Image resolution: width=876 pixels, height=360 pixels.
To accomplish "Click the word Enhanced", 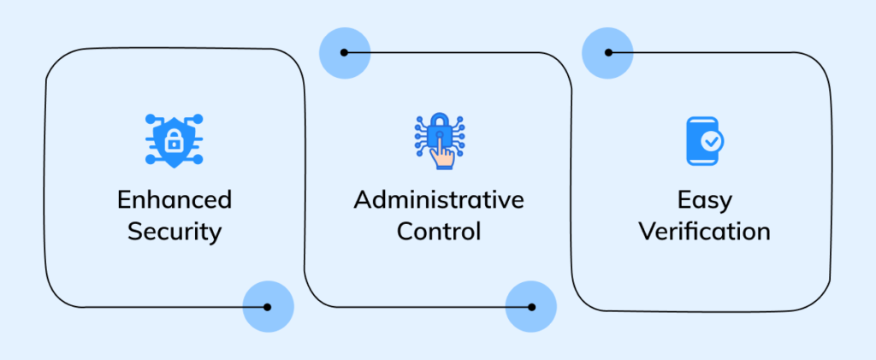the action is pyautogui.click(x=175, y=199).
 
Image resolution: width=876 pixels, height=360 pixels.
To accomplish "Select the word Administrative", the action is pyautogui.click(x=439, y=199).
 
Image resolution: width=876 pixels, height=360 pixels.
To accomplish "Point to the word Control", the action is pyautogui.click(x=439, y=232).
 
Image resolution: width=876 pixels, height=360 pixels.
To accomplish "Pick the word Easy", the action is pyautogui.click(x=705, y=201).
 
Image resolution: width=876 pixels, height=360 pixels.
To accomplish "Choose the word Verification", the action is pyautogui.click(x=705, y=232).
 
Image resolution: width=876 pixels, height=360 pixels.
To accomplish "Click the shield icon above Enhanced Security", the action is pyautogui.click(x=175, y=140).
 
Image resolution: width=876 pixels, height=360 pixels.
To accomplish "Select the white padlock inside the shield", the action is pyautogui.click(x=175, y=142).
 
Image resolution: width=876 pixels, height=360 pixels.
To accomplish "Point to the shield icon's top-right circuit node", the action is pyautogui.click(x=198, y=119).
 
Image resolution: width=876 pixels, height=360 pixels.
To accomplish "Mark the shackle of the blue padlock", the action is pyautogui.click(x=439, y=120).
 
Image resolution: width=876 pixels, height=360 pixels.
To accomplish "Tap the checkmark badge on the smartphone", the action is pyautogui.click(x=712, y=141).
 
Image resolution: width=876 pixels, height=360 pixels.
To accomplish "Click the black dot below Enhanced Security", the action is pyautogui.click(x=267, y=307).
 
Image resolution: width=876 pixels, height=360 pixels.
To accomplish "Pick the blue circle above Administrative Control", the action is pyautogui.click(x=345, y=53).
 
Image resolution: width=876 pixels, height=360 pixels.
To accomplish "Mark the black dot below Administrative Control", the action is pyautogui.click(x=531, y=307).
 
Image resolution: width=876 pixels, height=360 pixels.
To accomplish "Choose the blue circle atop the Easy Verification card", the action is pyautogui.click(x=608, y=53).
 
